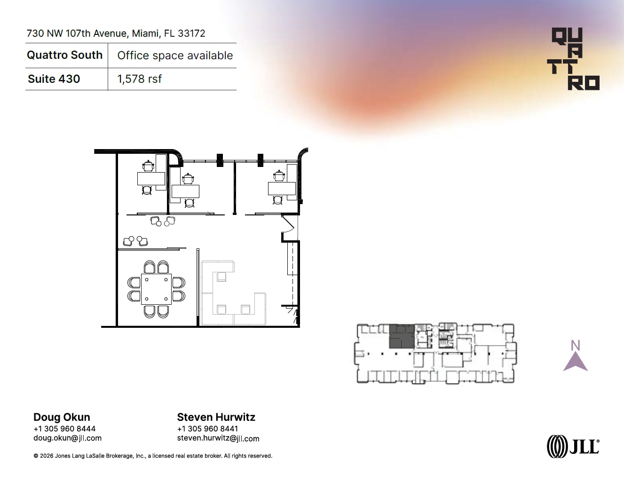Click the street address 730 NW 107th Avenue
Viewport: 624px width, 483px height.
point(116,33)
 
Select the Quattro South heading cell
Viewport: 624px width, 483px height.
point(65,55)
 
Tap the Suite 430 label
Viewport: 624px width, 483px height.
point(54,79)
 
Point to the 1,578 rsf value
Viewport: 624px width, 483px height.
point(140,79)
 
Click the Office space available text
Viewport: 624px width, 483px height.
point(175,55)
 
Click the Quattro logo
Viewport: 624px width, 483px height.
point(574,59)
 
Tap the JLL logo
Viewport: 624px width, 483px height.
point(573,446)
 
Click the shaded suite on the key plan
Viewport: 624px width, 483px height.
point(402,336)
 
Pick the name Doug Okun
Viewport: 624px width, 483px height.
point(62,417)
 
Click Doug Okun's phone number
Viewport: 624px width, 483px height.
point(64,428)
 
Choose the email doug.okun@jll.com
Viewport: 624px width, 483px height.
point(67,438)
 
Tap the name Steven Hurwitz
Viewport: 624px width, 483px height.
point(216,417)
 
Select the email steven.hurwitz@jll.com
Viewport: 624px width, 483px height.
point(218,438)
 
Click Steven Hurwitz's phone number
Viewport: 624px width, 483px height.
point(207,428)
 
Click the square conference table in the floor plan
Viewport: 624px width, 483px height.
point(156,289)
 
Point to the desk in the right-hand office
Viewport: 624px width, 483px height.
point(281,188)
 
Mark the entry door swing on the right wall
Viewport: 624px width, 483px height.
point(288,224)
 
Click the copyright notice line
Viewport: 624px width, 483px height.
point(153,456)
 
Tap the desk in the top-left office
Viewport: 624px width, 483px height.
point(150,179)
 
